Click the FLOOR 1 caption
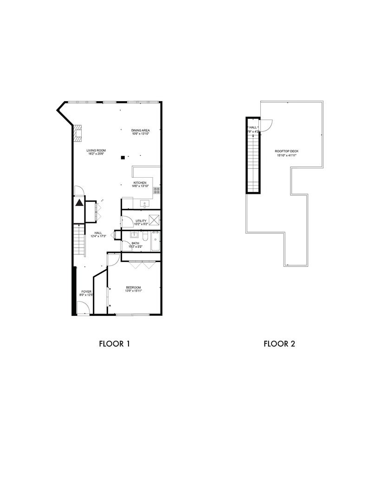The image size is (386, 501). (x=114, y=344)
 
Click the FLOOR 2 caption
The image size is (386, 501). (x=279, y=344)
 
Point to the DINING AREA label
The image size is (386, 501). (x=140, y=133)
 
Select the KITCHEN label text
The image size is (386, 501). (x=140, y=185)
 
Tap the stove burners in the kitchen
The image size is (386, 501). (x=157, y=190)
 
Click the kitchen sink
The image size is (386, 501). (x=143, y=203)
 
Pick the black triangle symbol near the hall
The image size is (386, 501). (x=79, y=203)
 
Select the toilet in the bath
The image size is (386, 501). (x=145, y=238)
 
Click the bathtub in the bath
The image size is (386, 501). (x=155, y=241)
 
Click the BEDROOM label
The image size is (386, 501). (x=134, y=289)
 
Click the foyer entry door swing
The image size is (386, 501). (x=84, y=308)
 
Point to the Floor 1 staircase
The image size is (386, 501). (x=80, y=239)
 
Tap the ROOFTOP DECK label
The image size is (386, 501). (x=286, y=154)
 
